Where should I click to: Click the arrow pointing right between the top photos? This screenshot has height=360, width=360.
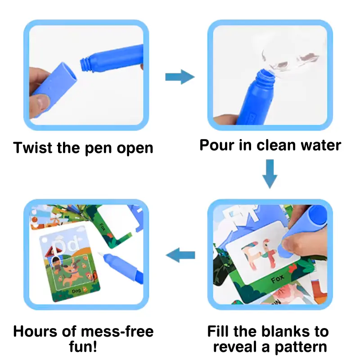180,77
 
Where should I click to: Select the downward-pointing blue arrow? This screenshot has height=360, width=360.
270,174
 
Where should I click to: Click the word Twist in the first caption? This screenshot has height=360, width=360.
33,148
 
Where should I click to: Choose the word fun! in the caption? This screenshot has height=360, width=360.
84,348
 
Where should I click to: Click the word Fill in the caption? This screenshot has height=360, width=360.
220,332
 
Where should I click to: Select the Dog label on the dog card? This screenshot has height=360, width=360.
76,291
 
